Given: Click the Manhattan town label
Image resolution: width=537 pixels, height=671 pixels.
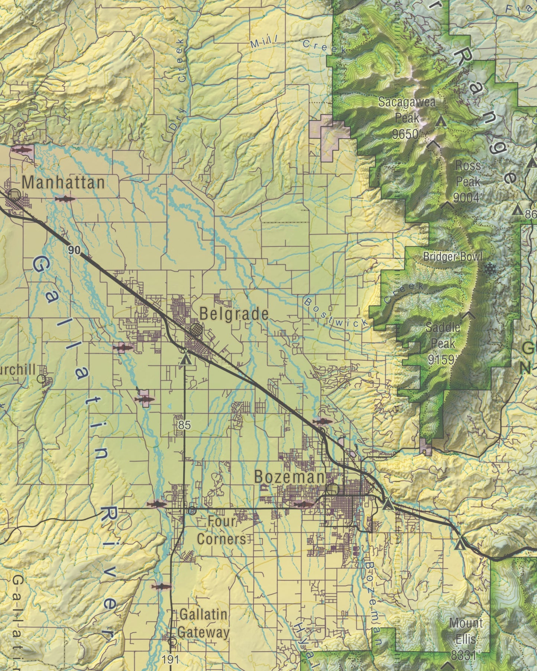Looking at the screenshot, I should tap(63, 182).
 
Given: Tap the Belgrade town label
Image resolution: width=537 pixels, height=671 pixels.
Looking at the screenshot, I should tap(234, 314).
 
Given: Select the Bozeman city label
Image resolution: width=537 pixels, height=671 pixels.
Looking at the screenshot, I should tap(289, 477).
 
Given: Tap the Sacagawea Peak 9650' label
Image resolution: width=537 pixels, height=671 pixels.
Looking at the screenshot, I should tap(407, 118).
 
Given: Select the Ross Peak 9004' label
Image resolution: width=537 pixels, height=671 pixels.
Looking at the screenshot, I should tap(468, 182).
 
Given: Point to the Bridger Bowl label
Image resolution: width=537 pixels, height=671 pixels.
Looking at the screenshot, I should tap(453, 257).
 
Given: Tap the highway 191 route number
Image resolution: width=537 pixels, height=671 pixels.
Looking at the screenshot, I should tap(171, 660).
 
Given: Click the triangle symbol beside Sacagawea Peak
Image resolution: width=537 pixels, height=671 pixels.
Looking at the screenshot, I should tap(441, 121).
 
